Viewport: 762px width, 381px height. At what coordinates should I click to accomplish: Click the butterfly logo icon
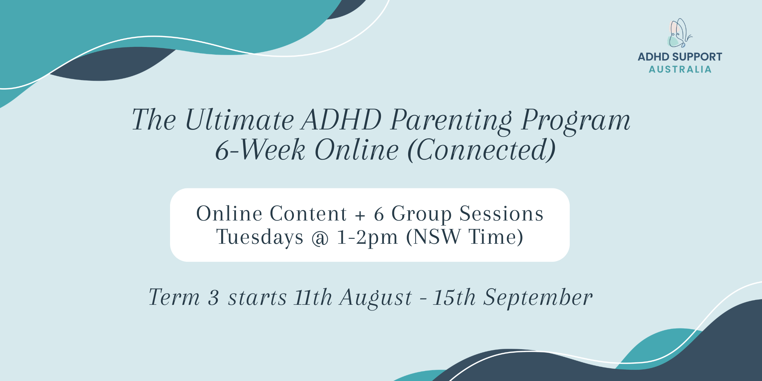coord(679,33)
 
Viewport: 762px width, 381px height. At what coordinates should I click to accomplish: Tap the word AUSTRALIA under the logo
coord(680,69)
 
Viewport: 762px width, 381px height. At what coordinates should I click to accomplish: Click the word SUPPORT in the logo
coord(697,57)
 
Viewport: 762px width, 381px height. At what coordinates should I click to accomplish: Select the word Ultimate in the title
coord(239,120)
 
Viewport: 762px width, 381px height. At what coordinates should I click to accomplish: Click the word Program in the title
coord(576,121)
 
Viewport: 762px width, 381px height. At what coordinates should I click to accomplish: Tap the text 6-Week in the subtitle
coord(260,150)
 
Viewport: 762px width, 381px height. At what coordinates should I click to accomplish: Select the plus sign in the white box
coord(360,214)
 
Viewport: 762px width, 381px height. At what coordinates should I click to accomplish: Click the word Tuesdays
coord(260,237)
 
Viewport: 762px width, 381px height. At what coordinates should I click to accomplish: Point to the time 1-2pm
coord(367,237)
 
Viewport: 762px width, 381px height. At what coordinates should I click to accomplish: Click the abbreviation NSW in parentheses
coord(437,236)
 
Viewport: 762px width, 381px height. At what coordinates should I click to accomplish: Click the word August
coord(376,298)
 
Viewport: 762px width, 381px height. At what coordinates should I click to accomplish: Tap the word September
coord(538,298)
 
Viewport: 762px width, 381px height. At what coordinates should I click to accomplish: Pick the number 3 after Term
coord(213,297)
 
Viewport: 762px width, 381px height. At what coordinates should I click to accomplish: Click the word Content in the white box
coord(308,213)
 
